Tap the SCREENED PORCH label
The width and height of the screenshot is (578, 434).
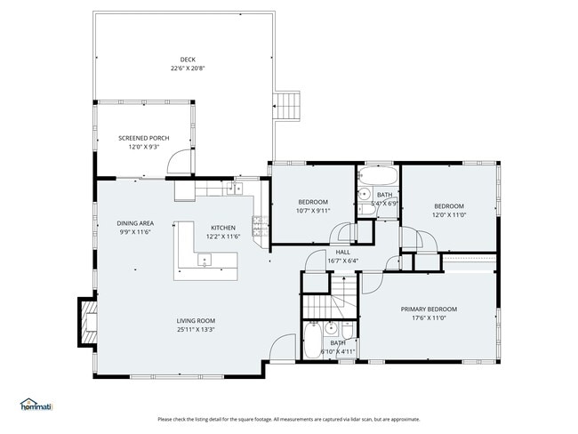coord(144,138)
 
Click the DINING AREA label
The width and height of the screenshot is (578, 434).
coord(135,223)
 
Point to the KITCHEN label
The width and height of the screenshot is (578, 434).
coord(223,228)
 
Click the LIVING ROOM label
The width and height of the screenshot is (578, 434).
coord(197,321)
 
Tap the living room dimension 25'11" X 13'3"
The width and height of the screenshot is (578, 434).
coord(197,330)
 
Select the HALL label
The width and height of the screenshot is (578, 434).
coord(341,253)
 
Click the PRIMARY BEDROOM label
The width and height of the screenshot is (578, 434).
coord(429,309)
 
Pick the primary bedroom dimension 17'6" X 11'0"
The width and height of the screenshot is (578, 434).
coord(429,318)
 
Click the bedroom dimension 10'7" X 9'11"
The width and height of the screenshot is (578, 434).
coord(313,212)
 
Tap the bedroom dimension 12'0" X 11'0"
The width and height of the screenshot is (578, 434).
coord(449,214)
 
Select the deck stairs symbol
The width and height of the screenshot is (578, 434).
coord(290,105)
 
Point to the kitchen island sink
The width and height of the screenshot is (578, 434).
coord(205,261)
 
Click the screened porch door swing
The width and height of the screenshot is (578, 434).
coord(181,162)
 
